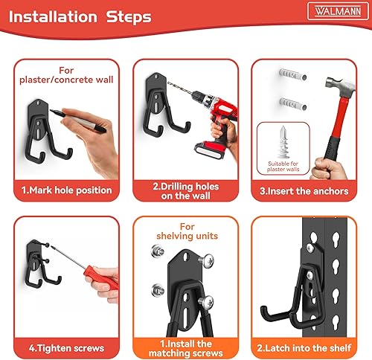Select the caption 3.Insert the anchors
305,190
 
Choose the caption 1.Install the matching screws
186,347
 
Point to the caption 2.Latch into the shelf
306,347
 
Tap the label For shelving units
186,231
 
